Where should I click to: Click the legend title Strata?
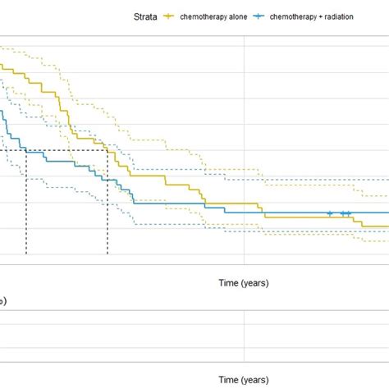(145, 16)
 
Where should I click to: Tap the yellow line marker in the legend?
(171, 16)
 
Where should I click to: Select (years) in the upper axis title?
(254, 284)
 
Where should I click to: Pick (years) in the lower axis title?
(254, 380)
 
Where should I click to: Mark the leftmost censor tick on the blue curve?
(330, 213)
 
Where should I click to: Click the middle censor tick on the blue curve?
(343, 213)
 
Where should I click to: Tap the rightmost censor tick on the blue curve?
(349, 213)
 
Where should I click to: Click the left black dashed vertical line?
(26, 205)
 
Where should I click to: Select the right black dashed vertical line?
(108, 205)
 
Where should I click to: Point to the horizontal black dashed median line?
(57, 149)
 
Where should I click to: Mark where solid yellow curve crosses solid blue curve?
(263, 213)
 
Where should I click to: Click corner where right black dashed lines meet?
(108, 149)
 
